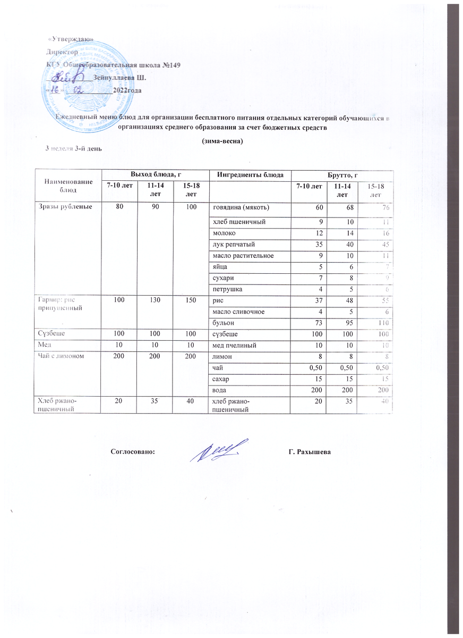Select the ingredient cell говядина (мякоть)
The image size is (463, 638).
click(241, 206)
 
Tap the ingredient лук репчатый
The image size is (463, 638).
click(232, 245)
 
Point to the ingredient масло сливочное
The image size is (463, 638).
click(237, 312)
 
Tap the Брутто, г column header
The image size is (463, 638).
click(341, 175)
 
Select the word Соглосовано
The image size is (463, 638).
click(133, 452)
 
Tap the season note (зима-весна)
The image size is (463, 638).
click(222, 141)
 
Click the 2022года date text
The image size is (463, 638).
click(127, 90)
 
